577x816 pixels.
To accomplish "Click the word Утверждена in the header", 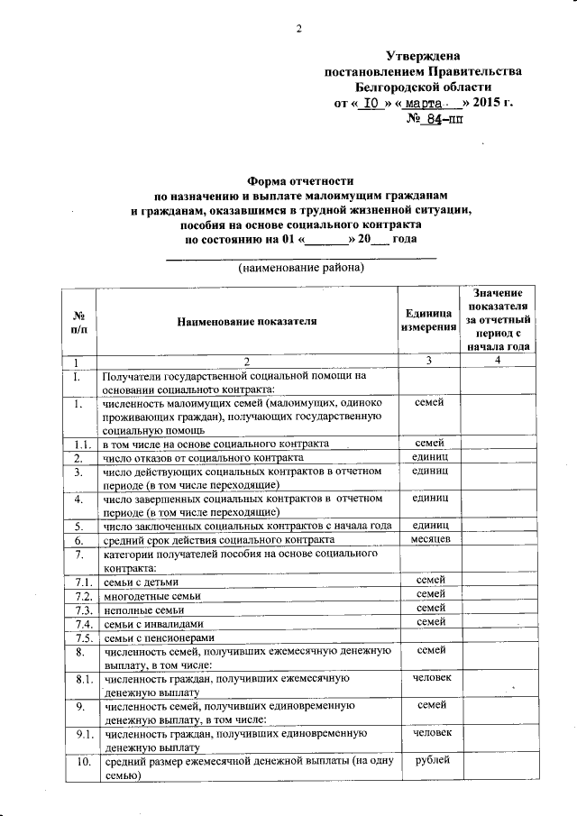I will point(423,56).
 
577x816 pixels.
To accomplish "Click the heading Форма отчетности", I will point(301,180).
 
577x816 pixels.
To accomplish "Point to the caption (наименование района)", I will point(301,269).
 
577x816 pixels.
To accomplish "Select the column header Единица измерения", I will point(428,321).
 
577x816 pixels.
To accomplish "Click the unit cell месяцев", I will point(428,539).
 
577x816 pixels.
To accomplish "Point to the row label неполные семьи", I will point(139,610).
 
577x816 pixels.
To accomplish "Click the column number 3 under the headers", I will point(428,361).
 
